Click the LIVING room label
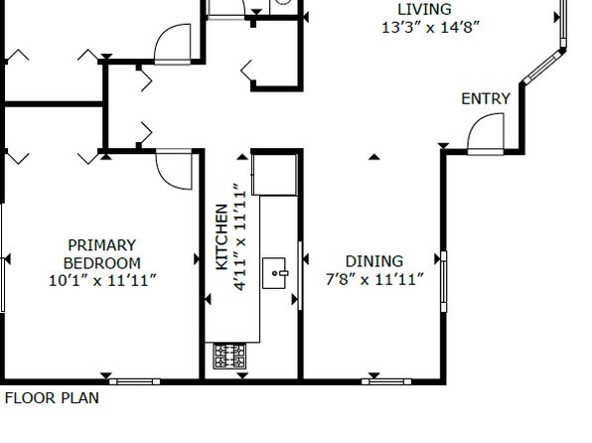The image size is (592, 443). [x=424, y=9]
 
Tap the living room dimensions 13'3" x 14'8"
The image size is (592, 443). [x=430, y=28]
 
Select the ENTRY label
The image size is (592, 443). [x=486, y=99]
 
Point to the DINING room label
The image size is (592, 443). [x=374, y=261]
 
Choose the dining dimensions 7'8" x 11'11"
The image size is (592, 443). [x=374, y=280]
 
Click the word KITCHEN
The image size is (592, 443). [x=222, y=236]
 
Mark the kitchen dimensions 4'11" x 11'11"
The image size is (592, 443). [x=240, y=237]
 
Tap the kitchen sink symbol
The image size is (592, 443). [x=274, y=273]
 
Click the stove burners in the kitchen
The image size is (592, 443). [x=229, y=357]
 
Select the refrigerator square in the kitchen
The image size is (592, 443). [x=274, y=175]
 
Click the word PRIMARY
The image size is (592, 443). [x=102, y=245]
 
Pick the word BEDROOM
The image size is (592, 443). [x=102, y=263]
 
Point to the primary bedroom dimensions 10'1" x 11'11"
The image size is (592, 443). [x=102, y=281]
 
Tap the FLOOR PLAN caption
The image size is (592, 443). [x=52, y=398]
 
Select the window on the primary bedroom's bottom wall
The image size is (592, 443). [x=135, y=381]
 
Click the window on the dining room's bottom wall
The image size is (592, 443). [x=386, y=381]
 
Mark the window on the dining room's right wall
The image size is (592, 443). [x=444, y=281]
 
